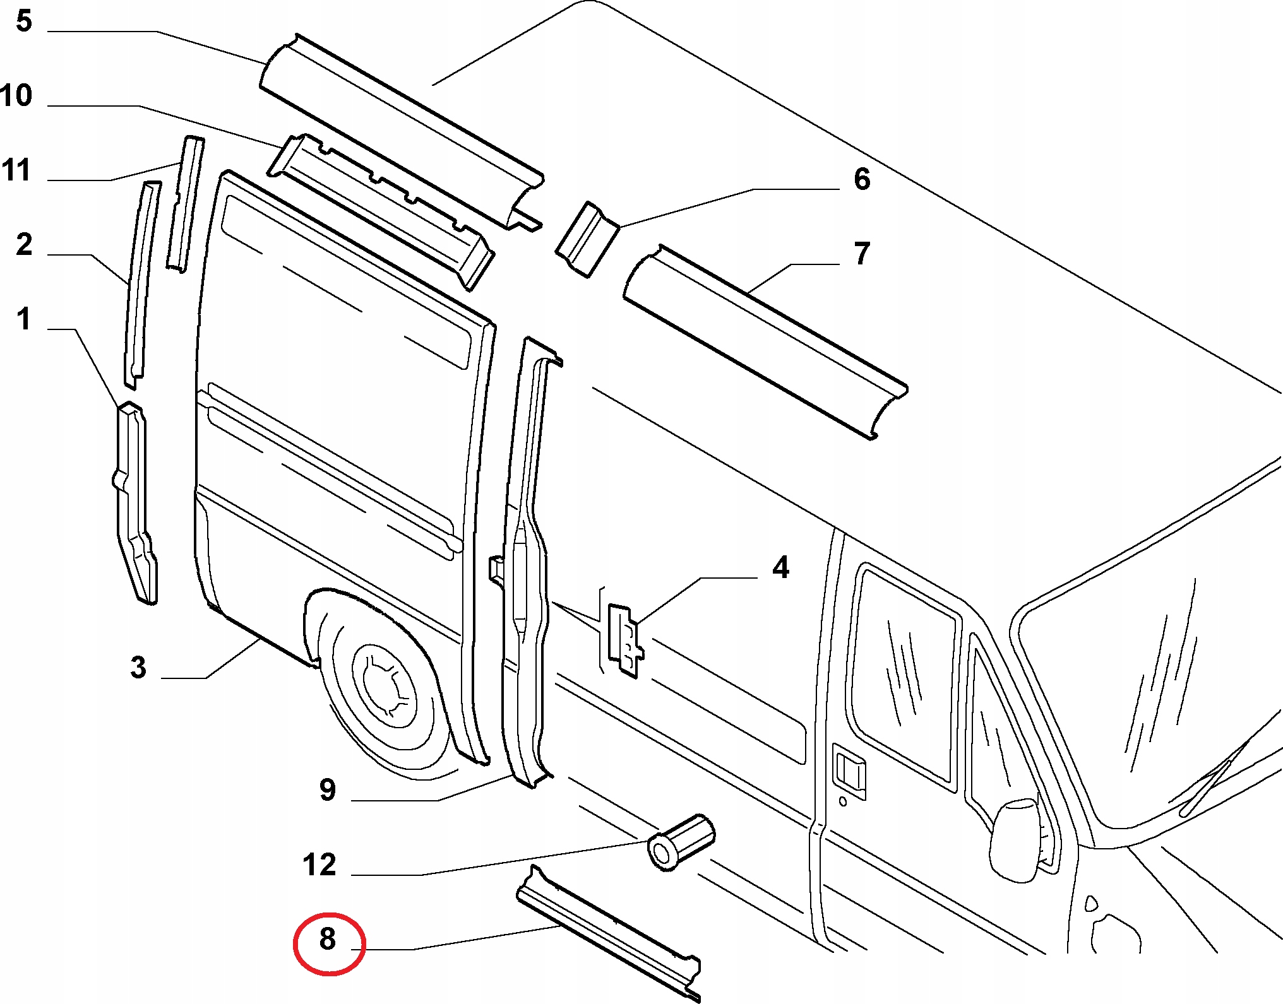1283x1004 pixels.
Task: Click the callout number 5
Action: (x=23, y=21)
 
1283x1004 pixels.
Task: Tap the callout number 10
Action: (x=16, y=95)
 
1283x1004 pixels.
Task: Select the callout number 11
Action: (x=16, y=170)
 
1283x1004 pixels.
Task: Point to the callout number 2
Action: (x=24, y=244)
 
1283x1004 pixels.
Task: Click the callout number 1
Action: (x=24, y=319)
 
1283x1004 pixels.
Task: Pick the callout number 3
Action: (x=138, y=667)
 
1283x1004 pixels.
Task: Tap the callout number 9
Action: (x=328, y=789)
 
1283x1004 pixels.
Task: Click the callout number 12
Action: (x=319, y=865)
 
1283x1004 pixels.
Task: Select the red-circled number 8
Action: (x=328, y=939)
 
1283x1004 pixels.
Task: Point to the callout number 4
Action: (x=781, y=567)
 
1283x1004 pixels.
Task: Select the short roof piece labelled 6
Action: (x=587, y=239)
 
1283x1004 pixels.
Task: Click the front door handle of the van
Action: (x=849, y=773)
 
